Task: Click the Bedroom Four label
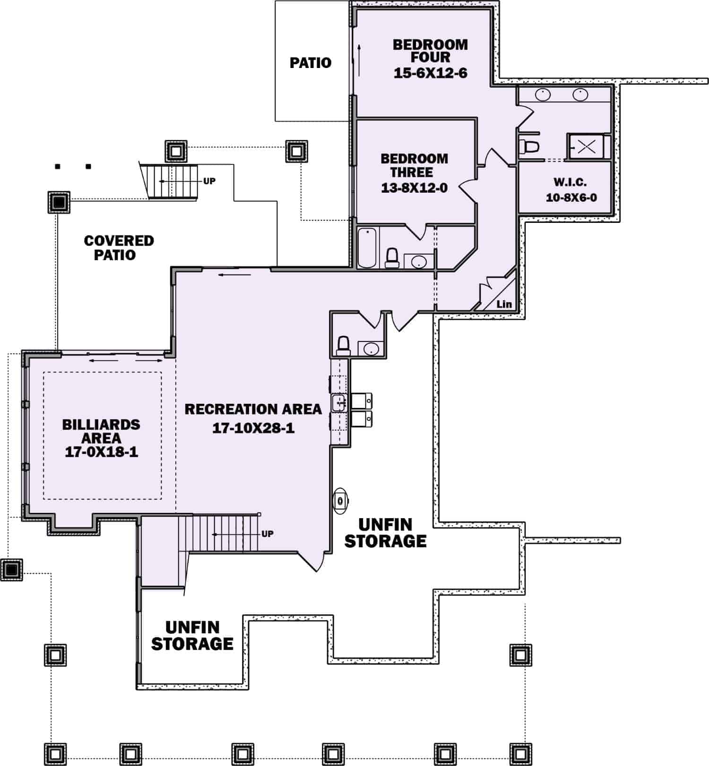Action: (x=430, y=51)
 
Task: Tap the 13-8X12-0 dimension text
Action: (x=414, y=188)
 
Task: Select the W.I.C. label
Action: (x=570, y=182)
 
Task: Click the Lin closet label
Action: (x=504, y=304)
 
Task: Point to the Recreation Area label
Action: (x=253, y=409)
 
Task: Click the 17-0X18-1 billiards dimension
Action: (x=101, y=452)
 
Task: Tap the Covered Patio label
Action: (x=119, y=247)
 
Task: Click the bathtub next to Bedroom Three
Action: (x=367, y=248)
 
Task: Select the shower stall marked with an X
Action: (x=587, y=146)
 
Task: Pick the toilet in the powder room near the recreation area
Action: (x=343, y=345)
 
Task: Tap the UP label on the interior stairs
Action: (x=268, y=534)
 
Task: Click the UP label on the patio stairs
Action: (x=209, y=181)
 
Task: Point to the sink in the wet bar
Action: (x=339, y=402)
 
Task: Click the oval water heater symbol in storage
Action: (x=340, y=501)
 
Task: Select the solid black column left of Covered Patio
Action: (x=59, y=203)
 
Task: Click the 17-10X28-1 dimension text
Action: (x=253, y=428)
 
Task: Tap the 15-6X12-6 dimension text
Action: (x=430, y=73)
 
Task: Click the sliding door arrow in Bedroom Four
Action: (x=360, y=60)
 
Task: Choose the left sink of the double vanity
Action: (x=543, y=94)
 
